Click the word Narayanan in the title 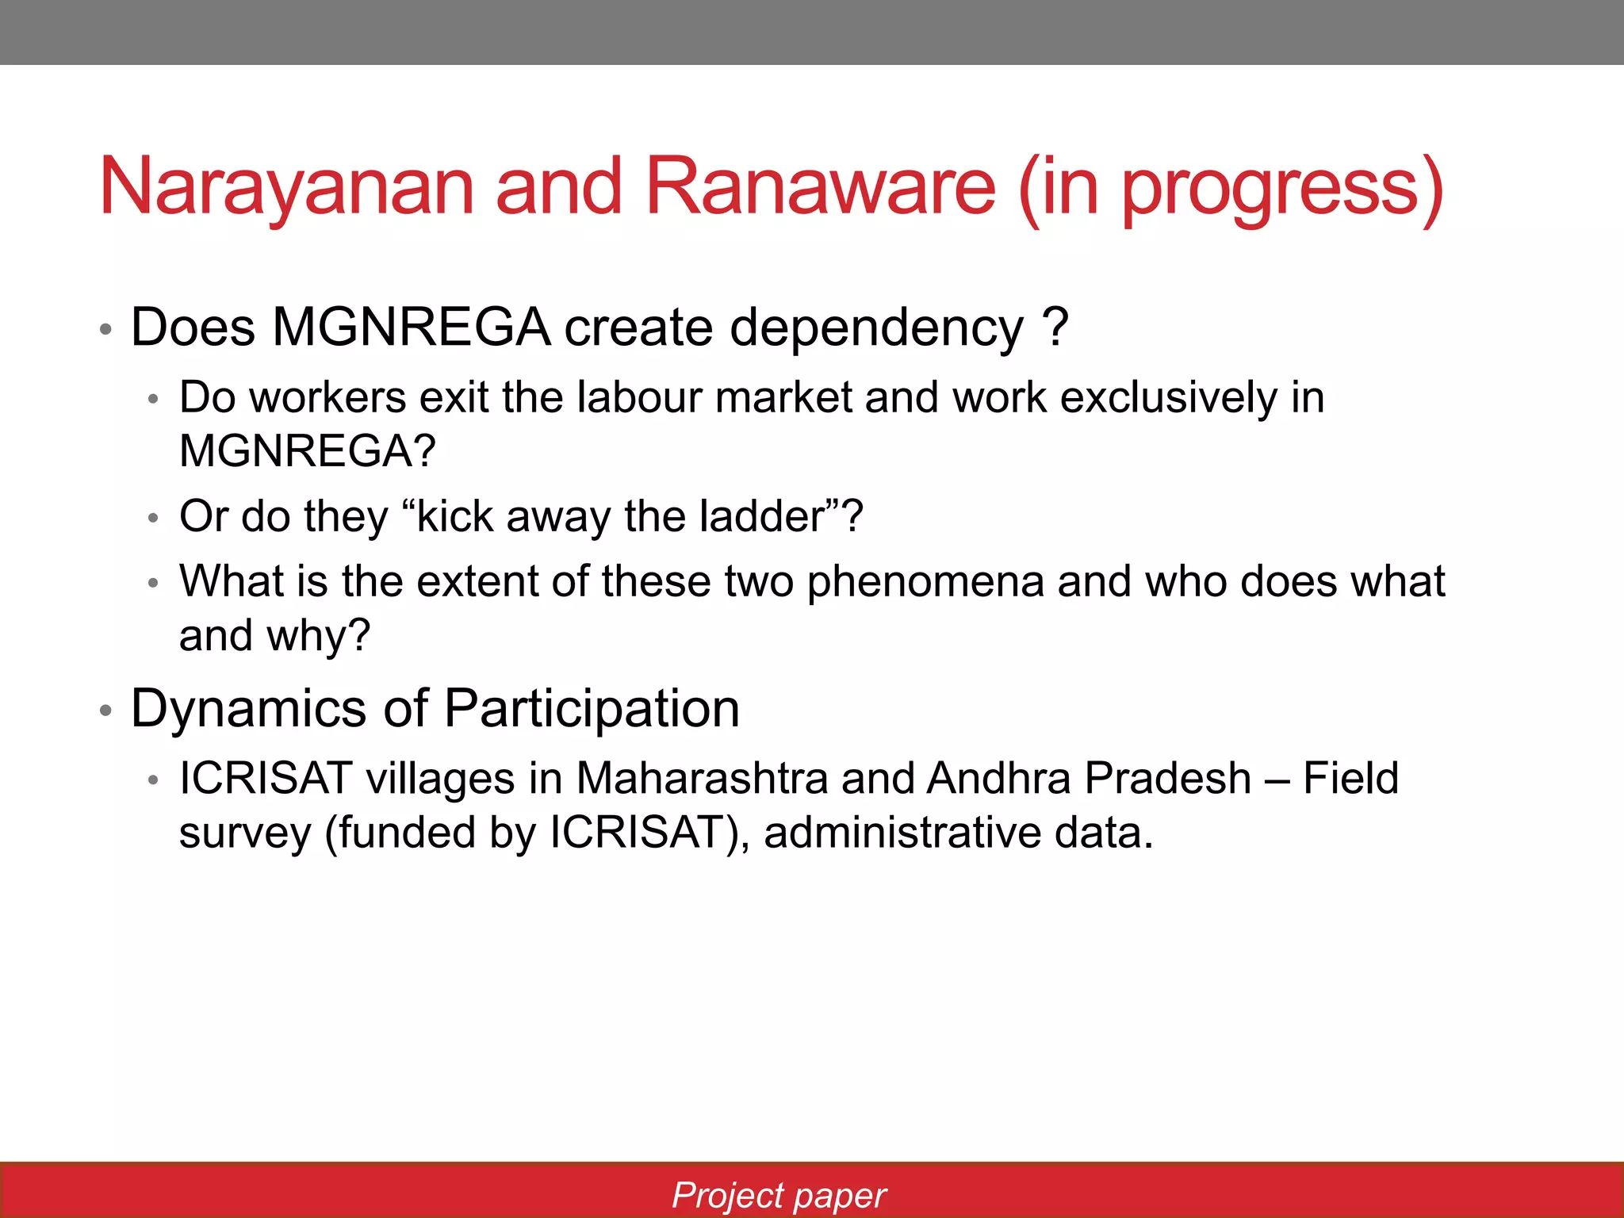tap(285, 188)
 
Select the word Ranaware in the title tap(820, 188)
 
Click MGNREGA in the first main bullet tap(411, 327)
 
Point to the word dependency tap(875, 329)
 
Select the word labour tap(638, 397)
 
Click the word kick tap(454, 516)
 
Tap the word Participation tap(592, 708)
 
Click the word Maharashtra tap(701, 778)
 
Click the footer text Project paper tap(779, 1195)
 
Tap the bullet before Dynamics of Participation tap(105, 710)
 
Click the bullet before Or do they tap(154, 519)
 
